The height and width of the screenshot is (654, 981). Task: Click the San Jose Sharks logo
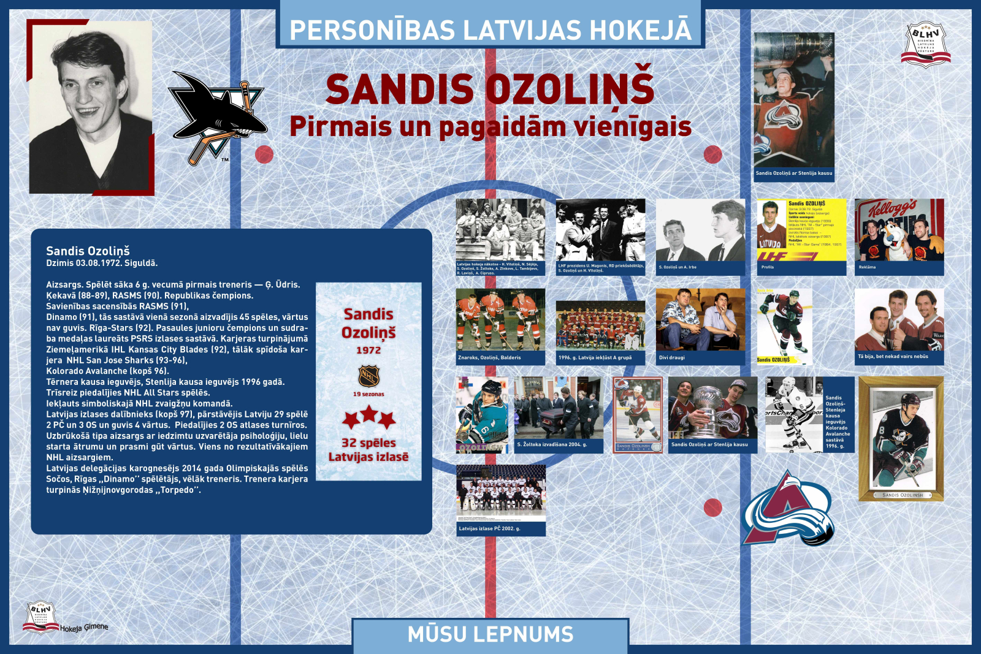pos(218,116)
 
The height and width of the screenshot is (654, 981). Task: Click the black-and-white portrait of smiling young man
pos(91,107)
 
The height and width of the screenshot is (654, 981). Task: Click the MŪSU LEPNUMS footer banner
pos(490,634)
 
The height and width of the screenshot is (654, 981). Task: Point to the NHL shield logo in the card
pos(368,376)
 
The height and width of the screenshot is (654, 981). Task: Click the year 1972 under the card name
pos(368,350)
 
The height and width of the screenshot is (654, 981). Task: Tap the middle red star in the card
pos(368,414)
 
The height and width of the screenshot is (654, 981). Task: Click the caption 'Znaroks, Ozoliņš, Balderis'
pos(489,357)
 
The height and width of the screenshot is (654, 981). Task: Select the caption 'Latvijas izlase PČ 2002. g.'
pos(490,528)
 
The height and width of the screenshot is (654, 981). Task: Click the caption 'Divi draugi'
pos(672,357)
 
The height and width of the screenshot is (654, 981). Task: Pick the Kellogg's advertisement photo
pos(899,230)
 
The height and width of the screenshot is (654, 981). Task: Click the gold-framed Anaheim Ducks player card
pos(901,438)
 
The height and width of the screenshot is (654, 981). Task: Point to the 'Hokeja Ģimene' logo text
pos(84,628)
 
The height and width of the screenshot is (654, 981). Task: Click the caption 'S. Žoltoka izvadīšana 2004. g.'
pos(552,444)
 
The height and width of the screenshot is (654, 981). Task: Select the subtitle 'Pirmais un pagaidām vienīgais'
pos(490,127)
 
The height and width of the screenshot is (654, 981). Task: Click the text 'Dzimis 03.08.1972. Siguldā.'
pos(102,263)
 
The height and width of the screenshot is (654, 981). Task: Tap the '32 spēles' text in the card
pos(368,443)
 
